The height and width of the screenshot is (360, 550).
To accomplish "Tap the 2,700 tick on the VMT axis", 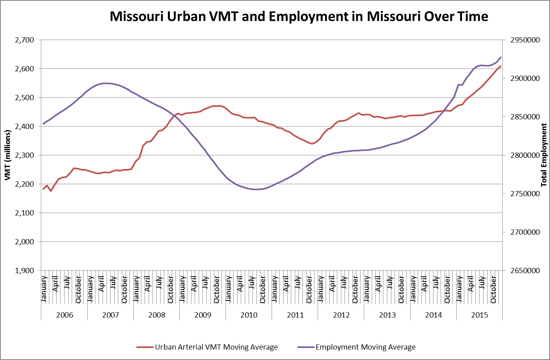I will pyautogui.click(x=24, y=40).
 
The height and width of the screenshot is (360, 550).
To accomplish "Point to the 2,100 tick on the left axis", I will pyautogui.click(x=24, y=213).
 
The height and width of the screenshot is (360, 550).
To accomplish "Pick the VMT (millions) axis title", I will pyautogui.click(x=7, y=155).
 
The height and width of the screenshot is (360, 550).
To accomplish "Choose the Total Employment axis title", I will pyautogui.click(x=544, y=155).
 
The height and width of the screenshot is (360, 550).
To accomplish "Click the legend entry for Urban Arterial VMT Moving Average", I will pyautogui.click(x=216, y=347).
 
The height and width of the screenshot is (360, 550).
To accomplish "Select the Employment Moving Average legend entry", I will pyautogui.click(x=365, y=347).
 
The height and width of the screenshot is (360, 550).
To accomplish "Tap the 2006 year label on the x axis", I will pyautogui.click(x=64, y=315).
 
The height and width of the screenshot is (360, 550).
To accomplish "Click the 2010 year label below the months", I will pyautogui.click(x=249, y=315).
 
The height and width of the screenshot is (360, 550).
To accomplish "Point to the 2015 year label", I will pyautogui.click(x=479, y=315).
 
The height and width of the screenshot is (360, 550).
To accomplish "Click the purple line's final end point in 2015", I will pyautogui.click(x=501, y=57).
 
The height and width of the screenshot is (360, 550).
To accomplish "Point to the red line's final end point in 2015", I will pyautogui.click(x=501, y=66).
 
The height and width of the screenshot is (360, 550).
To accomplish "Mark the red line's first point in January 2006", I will pyautogui.click(x=43, y=189).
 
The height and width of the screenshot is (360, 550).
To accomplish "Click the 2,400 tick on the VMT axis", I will pyautogui.click(x=24, y=127).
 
